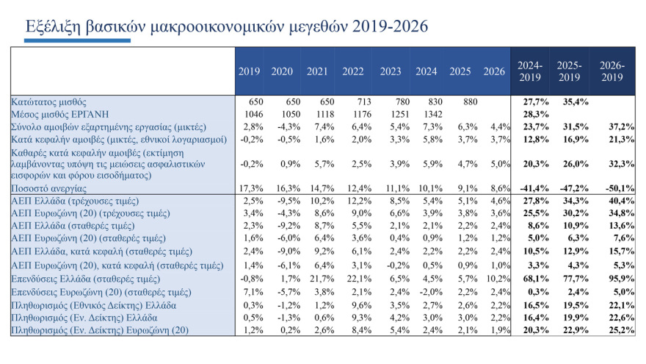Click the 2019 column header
(249, 71)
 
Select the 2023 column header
(391, 71)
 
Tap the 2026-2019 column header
(612, 71)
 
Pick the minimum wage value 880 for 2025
(460, 101)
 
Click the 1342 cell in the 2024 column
(427, 114)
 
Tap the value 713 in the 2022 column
(354, 101)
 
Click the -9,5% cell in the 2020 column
(283, 201)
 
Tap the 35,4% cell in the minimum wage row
(570, 101)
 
